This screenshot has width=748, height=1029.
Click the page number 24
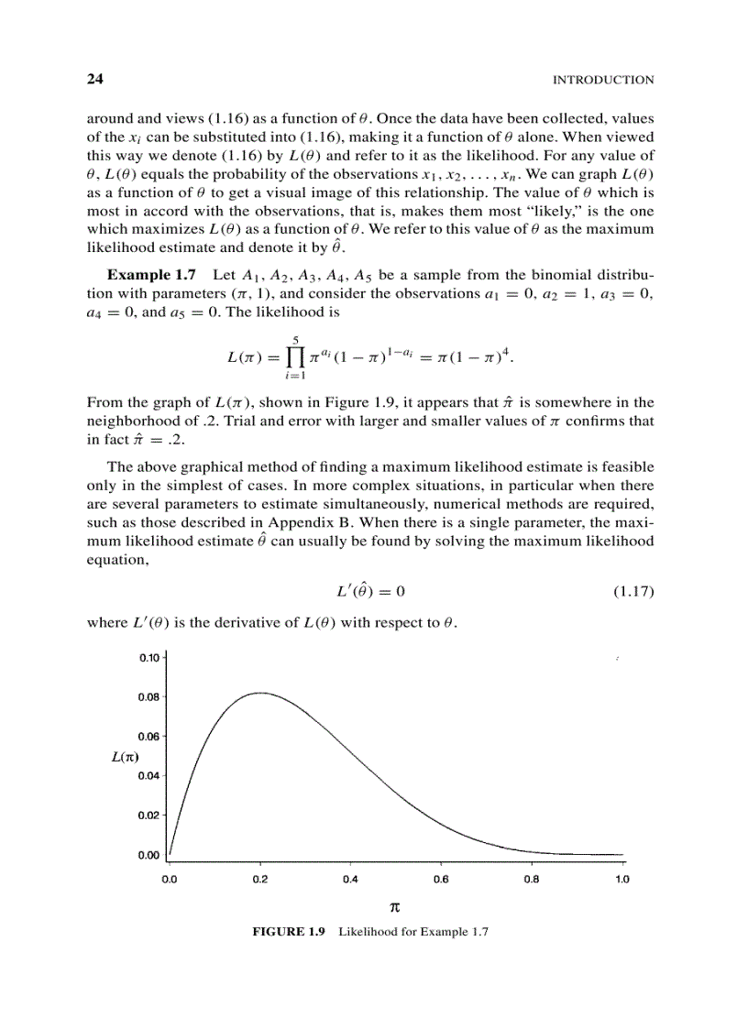click(93, 79)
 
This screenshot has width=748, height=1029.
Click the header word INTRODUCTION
click(603, 80)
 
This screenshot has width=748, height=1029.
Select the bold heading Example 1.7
click(152, 275)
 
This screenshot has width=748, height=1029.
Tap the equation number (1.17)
click(632, 591)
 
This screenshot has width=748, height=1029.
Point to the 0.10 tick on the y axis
click(149, 657)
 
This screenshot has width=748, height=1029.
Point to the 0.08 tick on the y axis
click(149, 696)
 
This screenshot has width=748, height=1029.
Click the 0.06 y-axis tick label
click(149, 736)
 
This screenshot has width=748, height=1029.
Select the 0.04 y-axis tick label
click(149, 775)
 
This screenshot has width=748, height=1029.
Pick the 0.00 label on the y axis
click(149, 855)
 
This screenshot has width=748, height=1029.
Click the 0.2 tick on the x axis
click(260, 880)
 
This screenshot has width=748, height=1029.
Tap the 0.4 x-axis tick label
click(350, 880)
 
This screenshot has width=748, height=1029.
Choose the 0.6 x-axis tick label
click(441, 880)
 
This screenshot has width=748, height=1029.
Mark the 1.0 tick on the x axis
click(621, 880)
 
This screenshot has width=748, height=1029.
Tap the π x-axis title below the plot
click(395, 907)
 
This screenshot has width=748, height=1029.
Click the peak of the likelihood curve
click(260, 693)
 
